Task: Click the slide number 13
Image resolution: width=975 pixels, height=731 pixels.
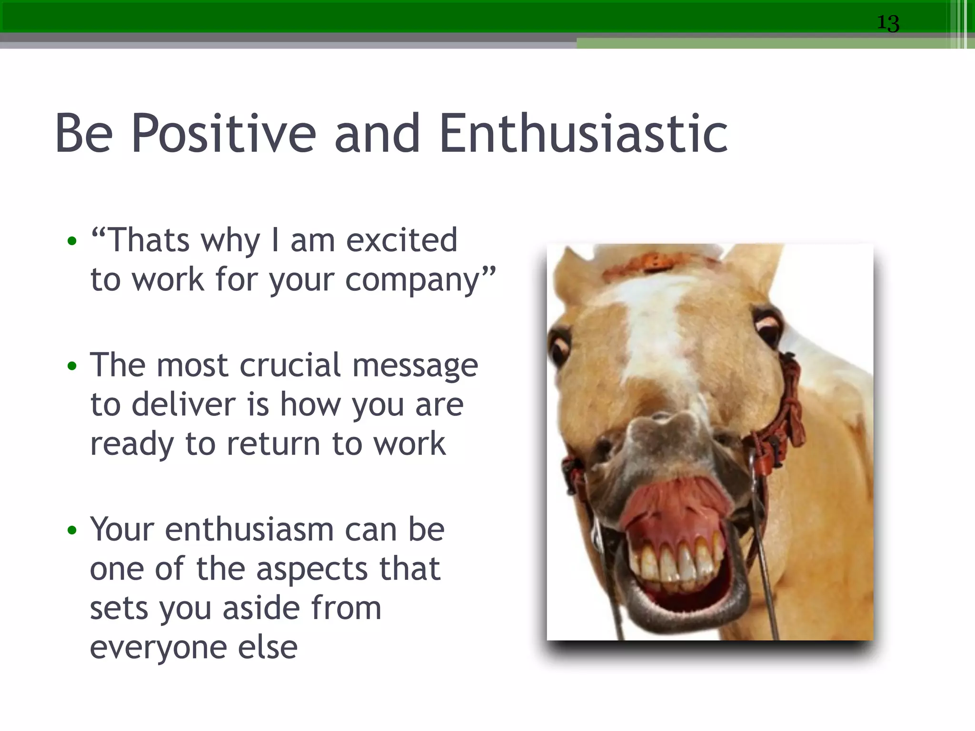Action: click(x=888, y=23)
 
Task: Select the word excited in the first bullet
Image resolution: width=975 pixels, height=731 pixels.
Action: click(x=401, y=240)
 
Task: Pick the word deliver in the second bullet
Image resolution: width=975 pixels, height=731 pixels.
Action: click(x=183, y=405)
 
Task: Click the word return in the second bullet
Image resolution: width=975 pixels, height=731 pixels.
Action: click(x=273, y=444)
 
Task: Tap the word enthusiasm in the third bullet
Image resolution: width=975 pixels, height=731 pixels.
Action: click(x=249, y=530)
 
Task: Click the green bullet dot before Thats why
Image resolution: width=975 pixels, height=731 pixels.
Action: click(x=72, y=241)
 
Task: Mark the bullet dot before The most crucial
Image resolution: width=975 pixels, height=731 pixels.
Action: click(x=72, y=366)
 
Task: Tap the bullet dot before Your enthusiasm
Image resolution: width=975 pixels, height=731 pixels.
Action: click(x=72, y=530)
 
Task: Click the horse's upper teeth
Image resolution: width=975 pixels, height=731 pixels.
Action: click(x=676, y=562)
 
